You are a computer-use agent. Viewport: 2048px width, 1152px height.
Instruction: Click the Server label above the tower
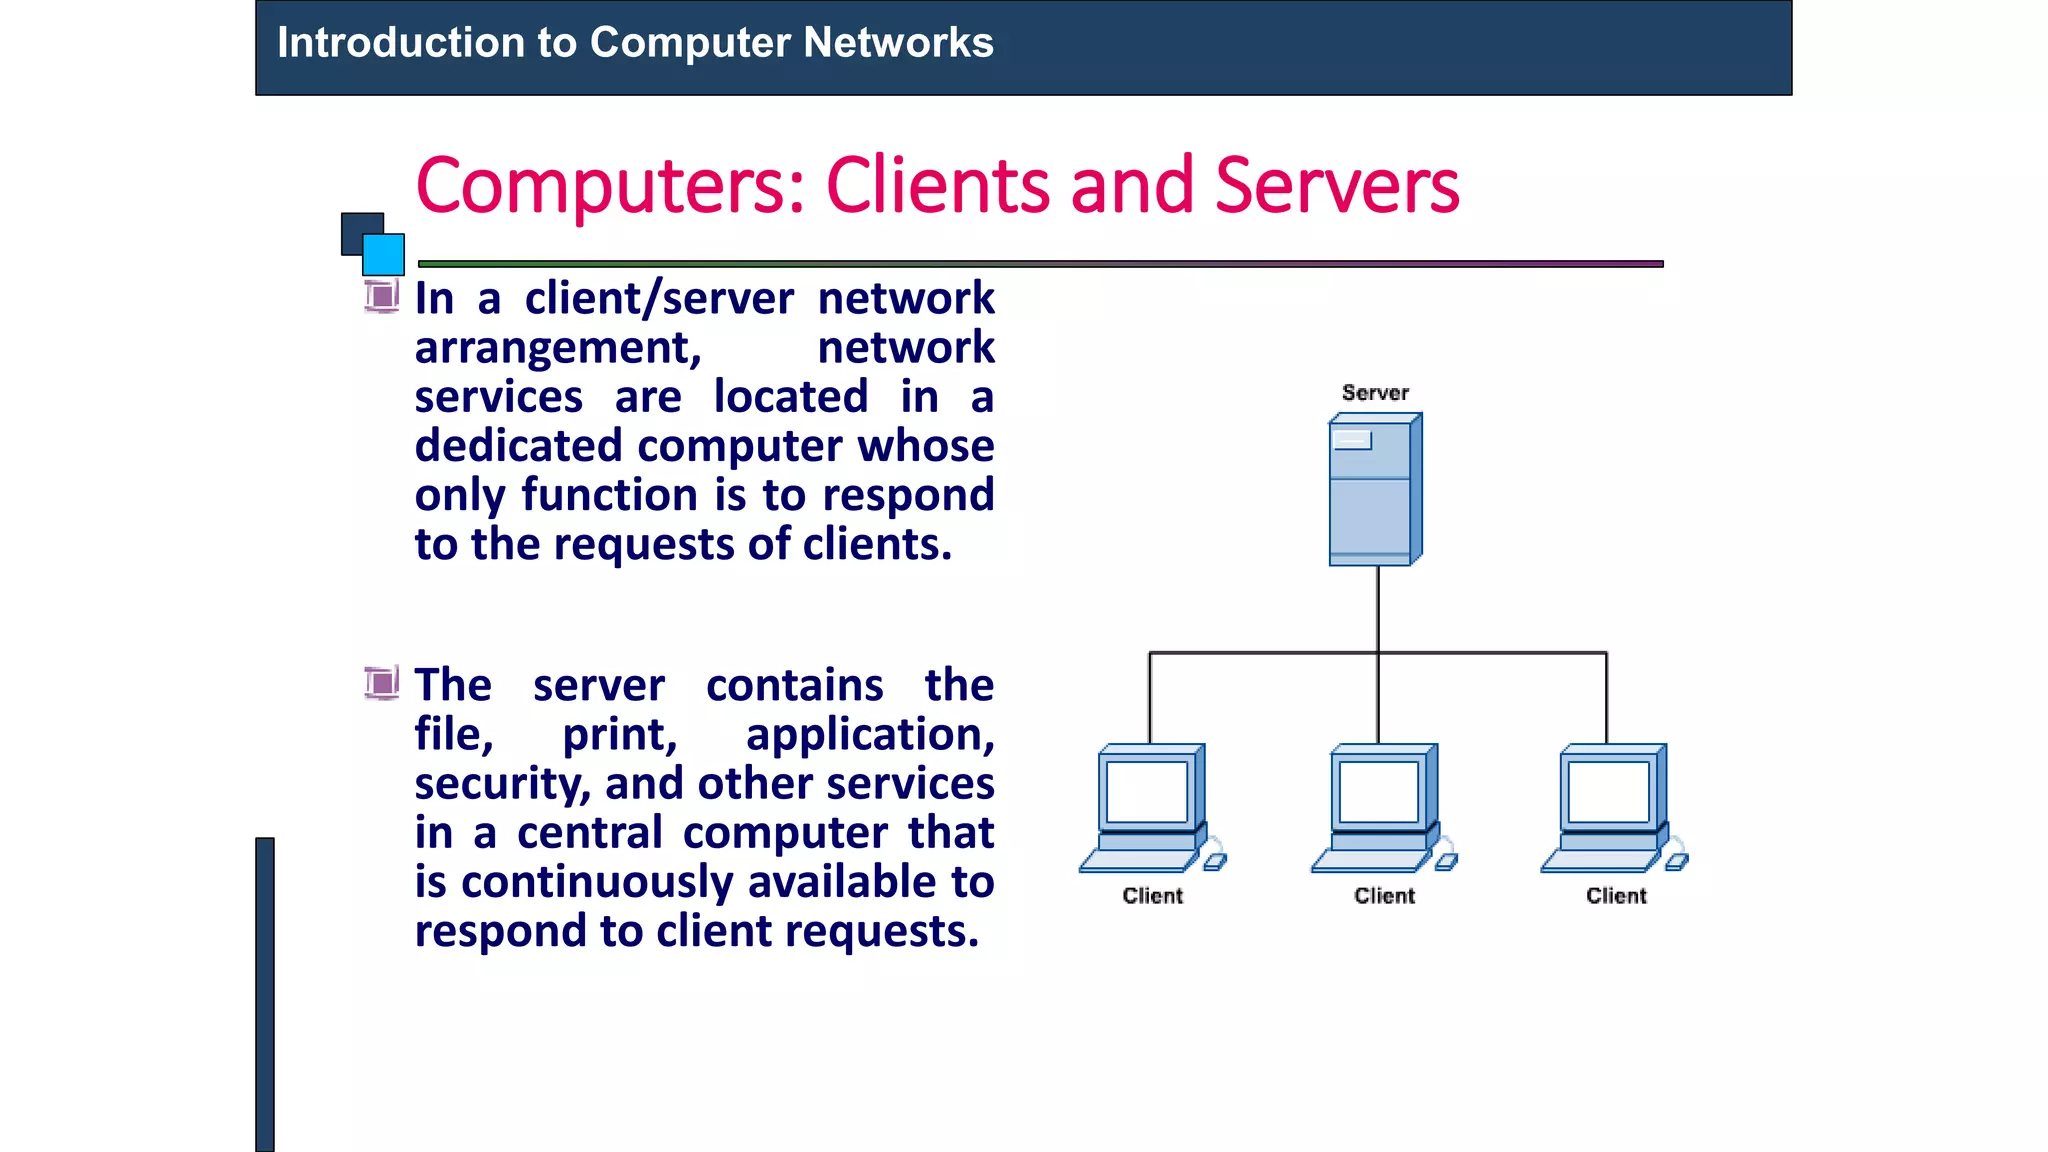click(1375, 393)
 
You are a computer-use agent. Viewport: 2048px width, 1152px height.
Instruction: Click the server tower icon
click(1375, 490)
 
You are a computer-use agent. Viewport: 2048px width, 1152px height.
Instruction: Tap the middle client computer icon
click(1380, 808)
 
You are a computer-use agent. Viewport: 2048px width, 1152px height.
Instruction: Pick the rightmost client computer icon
click(1610, 808)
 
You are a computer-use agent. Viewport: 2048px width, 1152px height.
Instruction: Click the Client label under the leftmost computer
click(1152, 896)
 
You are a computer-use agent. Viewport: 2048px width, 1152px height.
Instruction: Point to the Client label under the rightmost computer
click(1616, 896)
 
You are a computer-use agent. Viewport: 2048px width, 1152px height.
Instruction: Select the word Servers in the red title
click(1337, 187)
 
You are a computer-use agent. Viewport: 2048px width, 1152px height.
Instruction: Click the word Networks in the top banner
click(898, 43)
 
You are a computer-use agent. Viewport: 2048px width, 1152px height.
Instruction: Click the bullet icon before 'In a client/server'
click(381, 296)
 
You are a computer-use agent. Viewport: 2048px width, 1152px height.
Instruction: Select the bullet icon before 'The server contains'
click(381, 683)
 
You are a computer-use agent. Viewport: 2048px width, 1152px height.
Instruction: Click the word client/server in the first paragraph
click(660, 299)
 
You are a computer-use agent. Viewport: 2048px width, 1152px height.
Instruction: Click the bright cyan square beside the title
click(383, 254)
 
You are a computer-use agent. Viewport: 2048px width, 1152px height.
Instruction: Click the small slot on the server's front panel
click(1353, 440)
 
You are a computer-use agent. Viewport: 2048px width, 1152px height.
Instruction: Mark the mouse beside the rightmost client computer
click(1677, 861)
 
